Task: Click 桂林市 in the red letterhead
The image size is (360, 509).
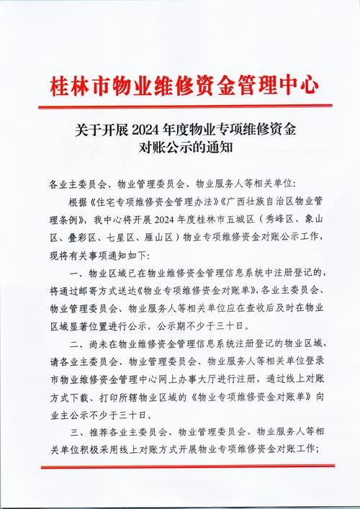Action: point(73,86)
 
